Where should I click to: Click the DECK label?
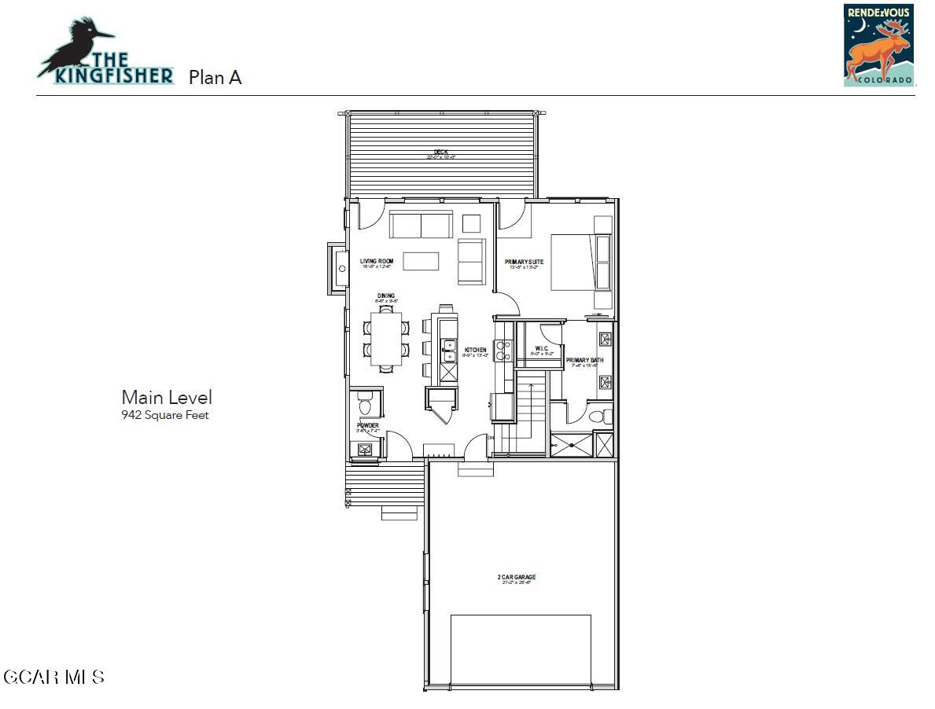441,152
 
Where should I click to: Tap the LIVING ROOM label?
377,261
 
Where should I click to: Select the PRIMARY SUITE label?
524,263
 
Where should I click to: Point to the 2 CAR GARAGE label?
517,578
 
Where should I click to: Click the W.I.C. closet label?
542,349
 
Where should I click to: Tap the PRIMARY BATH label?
583,361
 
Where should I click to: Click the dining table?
386,340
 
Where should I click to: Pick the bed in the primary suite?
580,262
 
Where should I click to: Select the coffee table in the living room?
421,261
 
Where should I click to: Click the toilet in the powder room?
365,406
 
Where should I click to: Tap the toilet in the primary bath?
597,415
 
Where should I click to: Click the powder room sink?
365,450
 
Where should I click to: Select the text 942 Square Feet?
165,415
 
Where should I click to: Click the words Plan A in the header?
215,77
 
